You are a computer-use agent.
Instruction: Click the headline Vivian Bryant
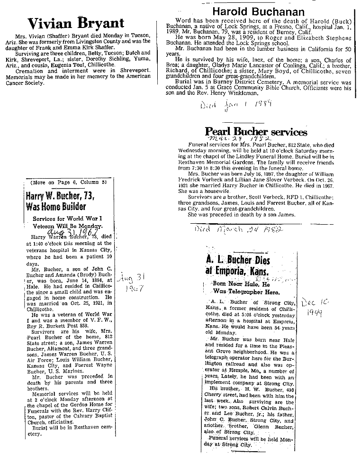tap(76, 23)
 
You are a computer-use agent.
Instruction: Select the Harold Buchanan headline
tap(259, 12)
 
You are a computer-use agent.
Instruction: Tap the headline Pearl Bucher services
tap(256, 132)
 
